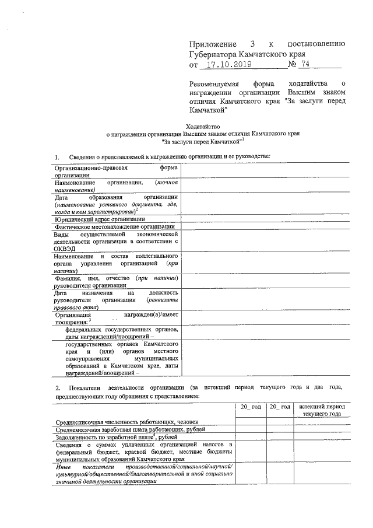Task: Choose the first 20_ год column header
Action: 251,406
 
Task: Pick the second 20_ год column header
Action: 279,406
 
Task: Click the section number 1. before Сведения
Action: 57,157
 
